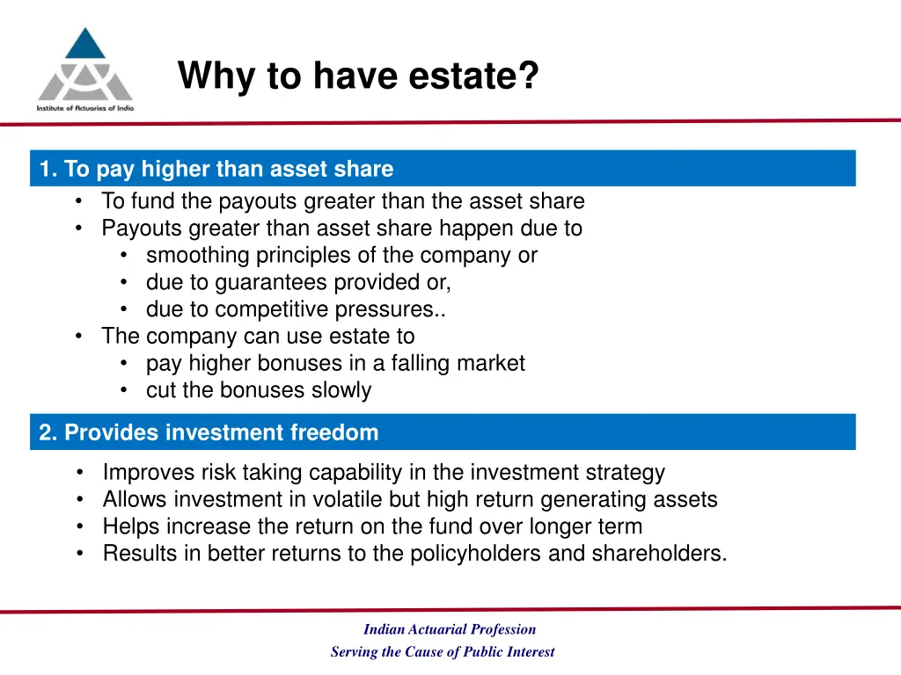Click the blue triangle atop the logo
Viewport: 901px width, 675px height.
(84, 45)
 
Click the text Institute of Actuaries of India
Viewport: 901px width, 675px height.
(84, 107)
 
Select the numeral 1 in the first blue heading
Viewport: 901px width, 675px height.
(46, 169)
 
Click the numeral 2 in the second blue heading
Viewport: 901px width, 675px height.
(46, 433)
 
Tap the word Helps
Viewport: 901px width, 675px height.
(130, 527)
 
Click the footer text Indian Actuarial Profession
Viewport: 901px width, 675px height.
(449, 629)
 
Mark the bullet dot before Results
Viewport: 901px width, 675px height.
(81, 554)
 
